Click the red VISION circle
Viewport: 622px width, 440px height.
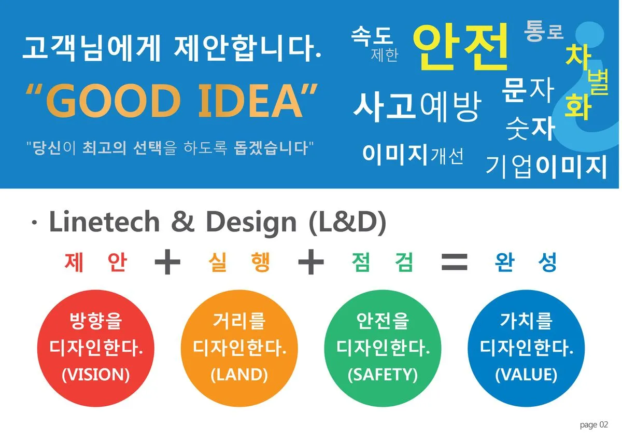click(x=95, y=348)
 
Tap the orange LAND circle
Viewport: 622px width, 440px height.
click(x=239, y=348)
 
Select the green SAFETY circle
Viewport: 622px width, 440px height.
click(x=383, y=348)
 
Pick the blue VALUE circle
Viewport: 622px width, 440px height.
click(x=526, y=348)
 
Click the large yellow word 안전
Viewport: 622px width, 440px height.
click(x=461, y=46)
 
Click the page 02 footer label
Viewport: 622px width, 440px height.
click(x=593, y=425)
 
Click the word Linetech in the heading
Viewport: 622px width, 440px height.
click(x=104, y=222)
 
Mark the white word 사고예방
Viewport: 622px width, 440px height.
click(x=417, y=106)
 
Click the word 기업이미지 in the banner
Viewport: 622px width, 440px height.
click(x=546, y=166)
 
